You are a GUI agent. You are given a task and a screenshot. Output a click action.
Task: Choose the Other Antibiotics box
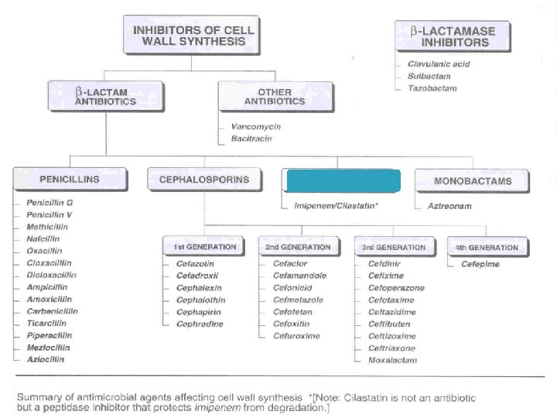[x=265, y=95]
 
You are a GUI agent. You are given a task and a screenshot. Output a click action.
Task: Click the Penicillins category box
[x=70, y=180]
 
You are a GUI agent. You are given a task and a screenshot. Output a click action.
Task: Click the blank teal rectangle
[x=342, y=180]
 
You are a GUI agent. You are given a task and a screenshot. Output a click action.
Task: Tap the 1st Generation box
[x=201, y=247]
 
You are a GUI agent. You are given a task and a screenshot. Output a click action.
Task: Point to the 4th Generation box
[x=487, y=247]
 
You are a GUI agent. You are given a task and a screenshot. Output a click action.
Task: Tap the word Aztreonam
[x=450, y=207]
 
